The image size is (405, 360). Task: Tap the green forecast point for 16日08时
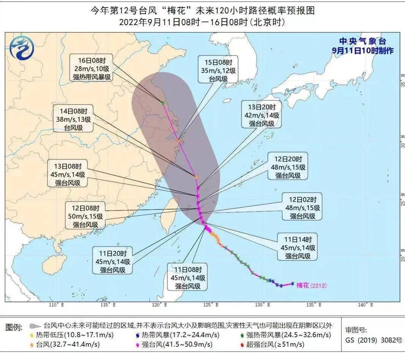[x=163, y=103]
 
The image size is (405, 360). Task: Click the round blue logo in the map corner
[x=22, y=48]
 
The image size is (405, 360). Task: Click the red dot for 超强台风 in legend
[x=242, y=345]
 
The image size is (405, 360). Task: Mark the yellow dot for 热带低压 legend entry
[x=32, y=335]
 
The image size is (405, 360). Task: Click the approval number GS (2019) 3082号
[x=373, y=340]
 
